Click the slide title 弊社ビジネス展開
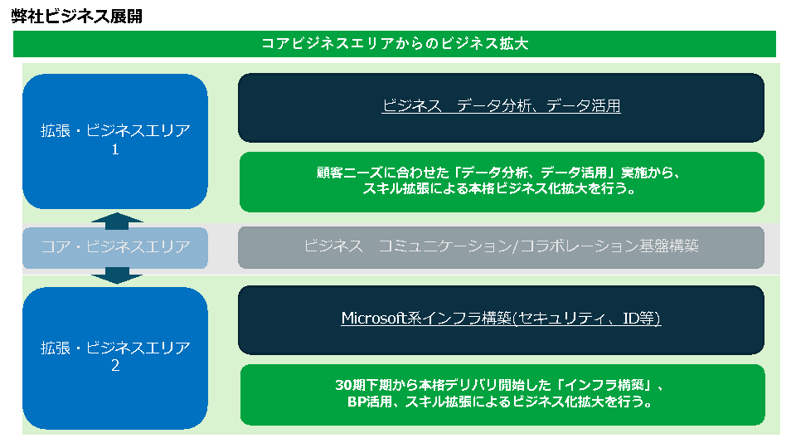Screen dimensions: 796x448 76,17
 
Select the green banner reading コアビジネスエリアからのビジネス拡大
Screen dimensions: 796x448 395,44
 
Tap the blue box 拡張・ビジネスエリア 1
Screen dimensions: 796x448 115,141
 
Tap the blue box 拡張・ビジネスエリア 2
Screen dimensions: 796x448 115,358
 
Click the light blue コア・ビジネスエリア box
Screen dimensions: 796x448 115,247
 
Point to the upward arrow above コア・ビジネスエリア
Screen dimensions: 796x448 117,221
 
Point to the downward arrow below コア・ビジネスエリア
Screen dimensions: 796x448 117,275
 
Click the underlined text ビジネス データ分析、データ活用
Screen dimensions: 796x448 501,105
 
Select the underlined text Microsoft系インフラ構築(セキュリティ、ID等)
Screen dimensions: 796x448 501,319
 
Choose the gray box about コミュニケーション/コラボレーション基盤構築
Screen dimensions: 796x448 501,247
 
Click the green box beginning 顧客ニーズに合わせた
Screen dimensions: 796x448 502,182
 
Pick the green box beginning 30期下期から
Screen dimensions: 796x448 502,395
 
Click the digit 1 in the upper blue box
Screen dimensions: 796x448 115,149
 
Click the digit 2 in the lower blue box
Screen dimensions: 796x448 115,366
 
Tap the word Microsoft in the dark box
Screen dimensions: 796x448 374,318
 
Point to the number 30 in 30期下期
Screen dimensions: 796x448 343,386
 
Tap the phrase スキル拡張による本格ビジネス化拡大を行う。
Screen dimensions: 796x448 499,189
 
